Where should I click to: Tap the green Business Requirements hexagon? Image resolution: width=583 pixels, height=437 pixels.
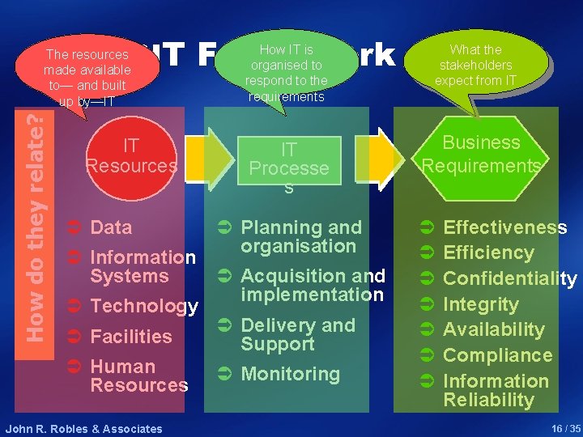coord(481,154)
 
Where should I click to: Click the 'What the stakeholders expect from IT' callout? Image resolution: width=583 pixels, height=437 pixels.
coord(476,64)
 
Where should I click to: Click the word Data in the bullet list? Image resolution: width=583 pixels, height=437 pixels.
coord(111,227)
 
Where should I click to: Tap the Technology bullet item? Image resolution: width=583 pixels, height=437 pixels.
coord(144,306)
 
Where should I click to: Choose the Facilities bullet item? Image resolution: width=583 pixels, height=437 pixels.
coord(131,337)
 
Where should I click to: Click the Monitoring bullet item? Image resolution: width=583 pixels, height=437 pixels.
coord(290,374)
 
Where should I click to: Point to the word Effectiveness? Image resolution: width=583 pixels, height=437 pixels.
coord(505,228)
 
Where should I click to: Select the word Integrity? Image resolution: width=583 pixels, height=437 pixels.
coord(480,304)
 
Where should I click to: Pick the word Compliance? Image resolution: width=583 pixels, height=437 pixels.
coord(497,355)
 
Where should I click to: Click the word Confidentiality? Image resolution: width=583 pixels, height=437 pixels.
coord(509,279)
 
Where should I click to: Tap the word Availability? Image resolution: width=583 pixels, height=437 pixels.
coord(494,329)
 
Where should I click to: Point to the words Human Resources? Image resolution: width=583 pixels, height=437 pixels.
coord(138,375)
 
